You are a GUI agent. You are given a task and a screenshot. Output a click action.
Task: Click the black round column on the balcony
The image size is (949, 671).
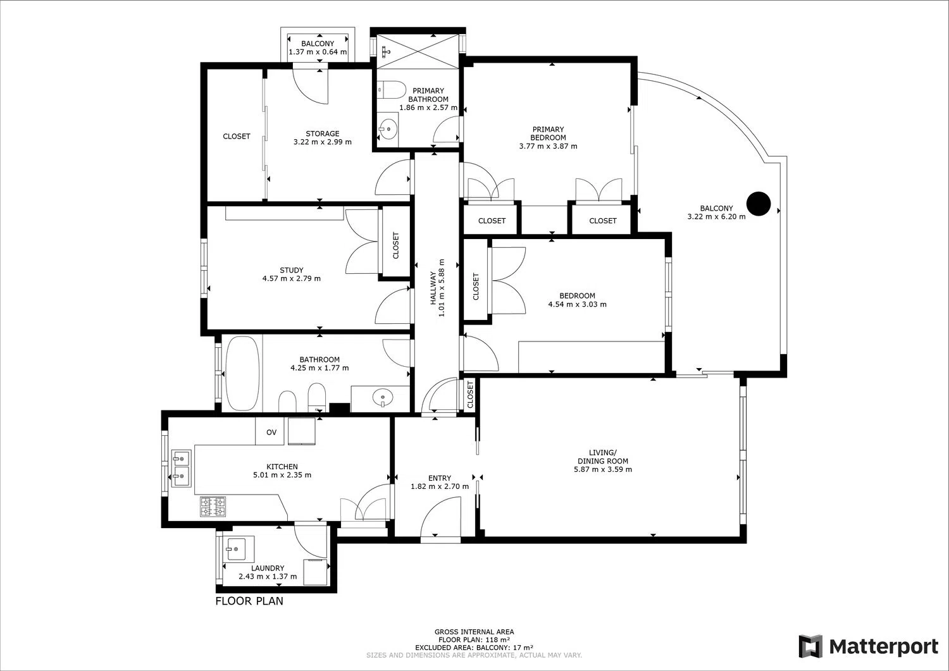pos(759,204)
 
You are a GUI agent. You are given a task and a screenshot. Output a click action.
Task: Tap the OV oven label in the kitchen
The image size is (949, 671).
pos(271,432)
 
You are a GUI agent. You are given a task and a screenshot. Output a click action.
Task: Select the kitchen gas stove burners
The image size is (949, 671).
pos(213,507)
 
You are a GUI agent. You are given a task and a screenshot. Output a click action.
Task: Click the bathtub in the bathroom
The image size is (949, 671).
pos(242,373)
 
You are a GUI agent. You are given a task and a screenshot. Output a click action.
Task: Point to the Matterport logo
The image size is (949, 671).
pos(869,647)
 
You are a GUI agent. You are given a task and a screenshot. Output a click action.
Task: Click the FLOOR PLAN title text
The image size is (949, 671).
pos(249,601)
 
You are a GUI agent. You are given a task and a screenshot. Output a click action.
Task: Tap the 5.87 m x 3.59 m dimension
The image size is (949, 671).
pos(603,469)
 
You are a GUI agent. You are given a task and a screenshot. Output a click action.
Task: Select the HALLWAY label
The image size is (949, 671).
pos(433,288)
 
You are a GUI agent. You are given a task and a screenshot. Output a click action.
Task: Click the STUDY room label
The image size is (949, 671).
pos(292,270)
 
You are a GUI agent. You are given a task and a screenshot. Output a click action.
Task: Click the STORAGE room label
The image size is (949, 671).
pos(323,134)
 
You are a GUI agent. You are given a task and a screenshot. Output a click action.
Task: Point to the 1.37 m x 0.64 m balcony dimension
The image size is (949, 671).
pos(318,52)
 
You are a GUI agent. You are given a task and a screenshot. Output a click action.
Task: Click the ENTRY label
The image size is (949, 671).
pos(439,478)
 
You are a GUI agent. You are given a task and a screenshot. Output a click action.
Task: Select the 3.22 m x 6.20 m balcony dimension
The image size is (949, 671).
pos(716,216)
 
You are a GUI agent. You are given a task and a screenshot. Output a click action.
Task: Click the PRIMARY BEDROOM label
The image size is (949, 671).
pos(549,133)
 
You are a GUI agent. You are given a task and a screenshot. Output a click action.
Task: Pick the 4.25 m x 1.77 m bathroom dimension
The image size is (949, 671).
pos(319,368)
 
